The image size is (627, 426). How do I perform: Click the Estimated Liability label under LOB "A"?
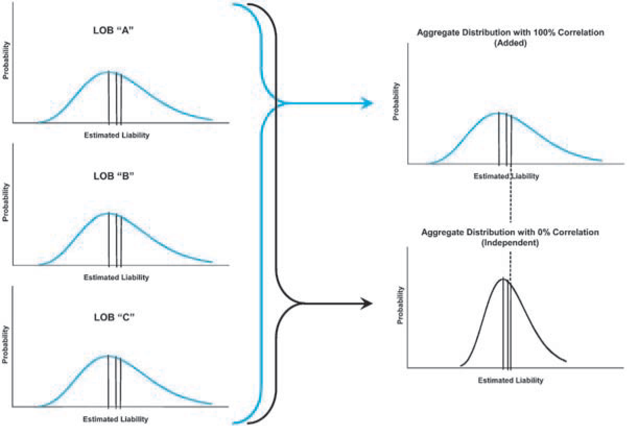116,135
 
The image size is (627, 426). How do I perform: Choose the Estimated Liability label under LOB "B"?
116,277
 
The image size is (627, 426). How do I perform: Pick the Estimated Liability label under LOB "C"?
115,419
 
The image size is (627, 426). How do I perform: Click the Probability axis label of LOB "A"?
6,64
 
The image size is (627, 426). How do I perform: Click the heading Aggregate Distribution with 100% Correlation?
511,32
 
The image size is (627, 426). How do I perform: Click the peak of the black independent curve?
503,279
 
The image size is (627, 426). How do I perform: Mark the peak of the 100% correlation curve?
500,113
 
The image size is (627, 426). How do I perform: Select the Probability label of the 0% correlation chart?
401,305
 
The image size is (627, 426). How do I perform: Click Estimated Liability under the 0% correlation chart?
511,381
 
